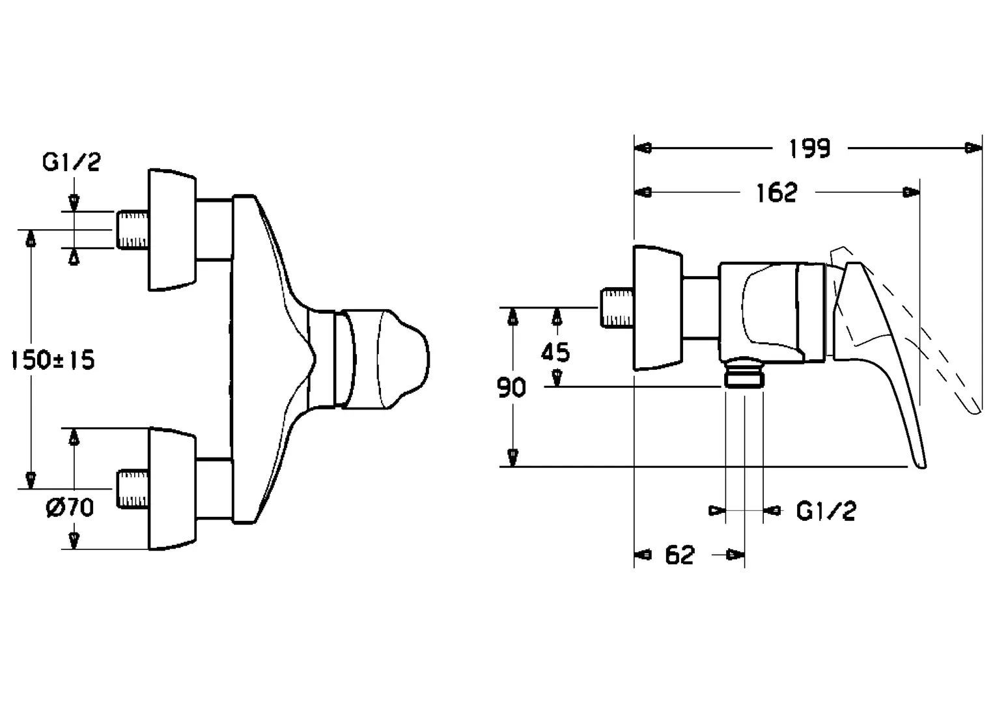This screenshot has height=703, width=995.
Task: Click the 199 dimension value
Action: click(809, 149)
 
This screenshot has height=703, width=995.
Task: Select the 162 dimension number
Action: click(776, 193)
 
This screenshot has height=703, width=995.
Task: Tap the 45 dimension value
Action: click(555, 353)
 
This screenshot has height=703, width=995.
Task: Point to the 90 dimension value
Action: click(511, 387)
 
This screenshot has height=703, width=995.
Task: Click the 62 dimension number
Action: click(680, 555)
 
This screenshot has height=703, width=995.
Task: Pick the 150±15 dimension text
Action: click(52, 360)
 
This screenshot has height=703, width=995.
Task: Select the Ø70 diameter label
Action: click(70, 507)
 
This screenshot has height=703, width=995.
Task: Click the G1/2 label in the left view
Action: click(72, 162)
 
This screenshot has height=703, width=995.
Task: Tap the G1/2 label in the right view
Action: click(826, 511)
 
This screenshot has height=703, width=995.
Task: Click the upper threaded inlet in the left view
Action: click(132, 230)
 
